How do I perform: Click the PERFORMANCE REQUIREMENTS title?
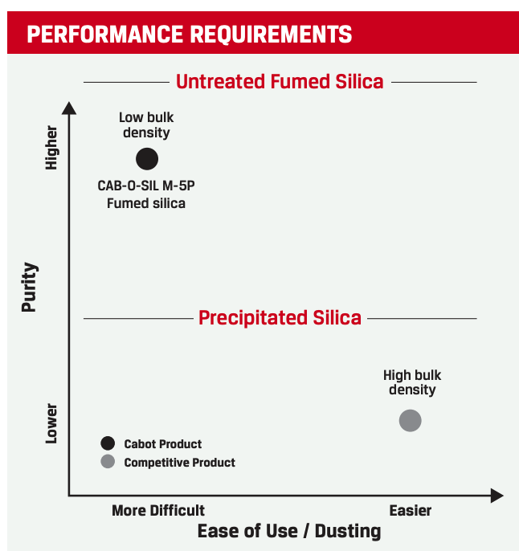click(190, 35)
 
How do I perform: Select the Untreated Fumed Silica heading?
click(280, 82)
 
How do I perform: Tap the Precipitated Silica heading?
click(280, 318)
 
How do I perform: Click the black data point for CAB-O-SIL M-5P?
click(147, 159)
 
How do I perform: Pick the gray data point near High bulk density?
click(411, 420)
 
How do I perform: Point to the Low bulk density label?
click(146, 125)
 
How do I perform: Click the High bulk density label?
click(412, 382)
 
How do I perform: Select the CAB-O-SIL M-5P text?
click(146, 186)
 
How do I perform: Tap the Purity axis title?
click(30, 287)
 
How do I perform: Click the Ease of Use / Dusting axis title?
click(289, 532)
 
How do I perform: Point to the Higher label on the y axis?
click(51, 147)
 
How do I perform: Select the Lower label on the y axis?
click(51, 423)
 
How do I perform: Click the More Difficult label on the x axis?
click(158, 511)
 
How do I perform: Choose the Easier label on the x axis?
click(411, 511)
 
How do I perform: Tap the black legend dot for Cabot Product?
click(108, 443)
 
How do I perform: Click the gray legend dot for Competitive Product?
click(108, 462)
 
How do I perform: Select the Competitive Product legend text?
click(180, 463)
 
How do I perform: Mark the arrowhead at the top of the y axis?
click(70, 108)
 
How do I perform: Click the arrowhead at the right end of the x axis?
click(497, 496)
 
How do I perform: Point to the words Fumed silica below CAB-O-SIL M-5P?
click(146, 203)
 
